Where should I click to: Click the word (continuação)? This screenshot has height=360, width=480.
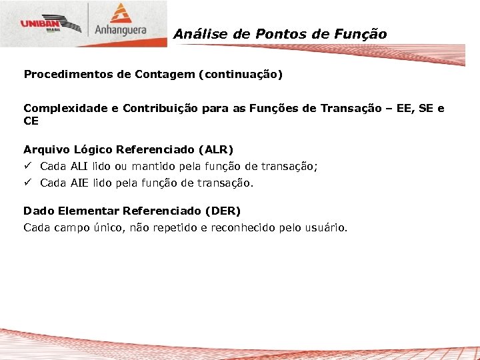pos(240,74)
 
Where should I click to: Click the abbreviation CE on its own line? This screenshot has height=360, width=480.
pos(31,121)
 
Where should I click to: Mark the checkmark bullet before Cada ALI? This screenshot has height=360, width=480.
pos(27,166)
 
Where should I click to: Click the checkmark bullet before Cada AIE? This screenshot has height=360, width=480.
pos(27,182)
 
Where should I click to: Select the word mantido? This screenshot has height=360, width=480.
pos(155,166)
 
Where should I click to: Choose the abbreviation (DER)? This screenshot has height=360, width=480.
pos(222,211)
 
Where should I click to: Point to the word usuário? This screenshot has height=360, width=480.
pos(326,227)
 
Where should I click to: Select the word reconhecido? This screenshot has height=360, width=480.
pos(241,227)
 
